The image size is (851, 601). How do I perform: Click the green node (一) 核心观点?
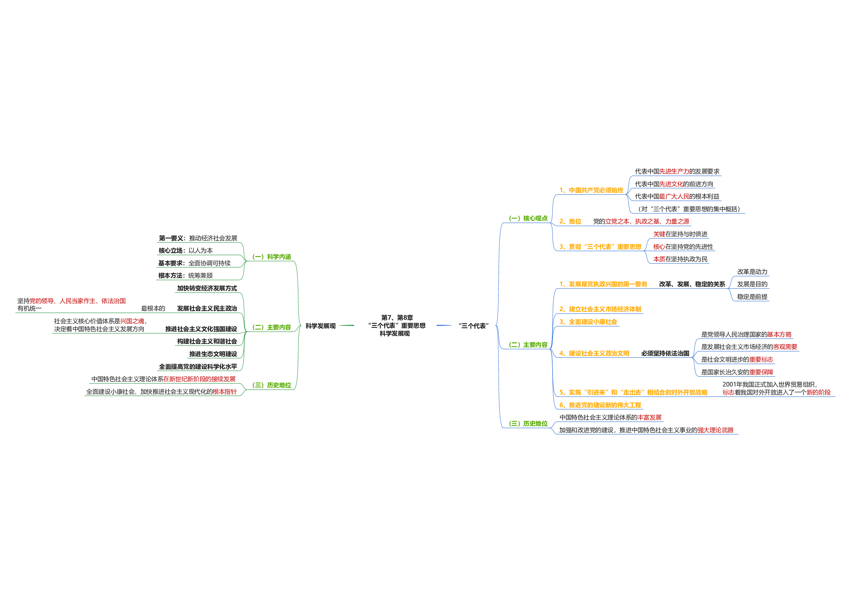tap(528, 219)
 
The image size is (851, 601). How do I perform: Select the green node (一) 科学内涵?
tap(272, 257)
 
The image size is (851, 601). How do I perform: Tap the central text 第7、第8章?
tap(397, 318)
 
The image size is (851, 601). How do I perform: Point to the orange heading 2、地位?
tap(570, 221)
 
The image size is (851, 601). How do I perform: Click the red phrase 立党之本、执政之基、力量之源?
tap(647, 221)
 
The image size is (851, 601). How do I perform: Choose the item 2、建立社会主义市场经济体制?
tap(600, 309)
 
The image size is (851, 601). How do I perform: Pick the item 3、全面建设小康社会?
tap(588, 322)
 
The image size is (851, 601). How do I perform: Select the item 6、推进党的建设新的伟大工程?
tap(600, 405)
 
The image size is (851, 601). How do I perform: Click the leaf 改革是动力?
tap(752, 272)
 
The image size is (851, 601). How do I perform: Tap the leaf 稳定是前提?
tap(752, 297)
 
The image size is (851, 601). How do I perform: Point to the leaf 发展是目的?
tap(752, 284)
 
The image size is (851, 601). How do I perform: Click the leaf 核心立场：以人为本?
tap(186, 251)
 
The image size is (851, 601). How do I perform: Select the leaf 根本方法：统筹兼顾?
tap(185, 276)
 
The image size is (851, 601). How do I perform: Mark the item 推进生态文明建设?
tap(213, 354)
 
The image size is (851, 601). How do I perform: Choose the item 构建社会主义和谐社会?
tap(207, 342)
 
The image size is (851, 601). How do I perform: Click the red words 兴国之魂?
tap(132, 321)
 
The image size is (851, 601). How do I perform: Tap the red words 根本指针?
tap(224, 392)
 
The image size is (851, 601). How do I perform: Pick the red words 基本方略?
tap(779, 335)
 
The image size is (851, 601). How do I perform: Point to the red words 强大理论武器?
tap(716, 430)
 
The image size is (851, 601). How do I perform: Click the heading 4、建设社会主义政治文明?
tap(594, 354)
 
